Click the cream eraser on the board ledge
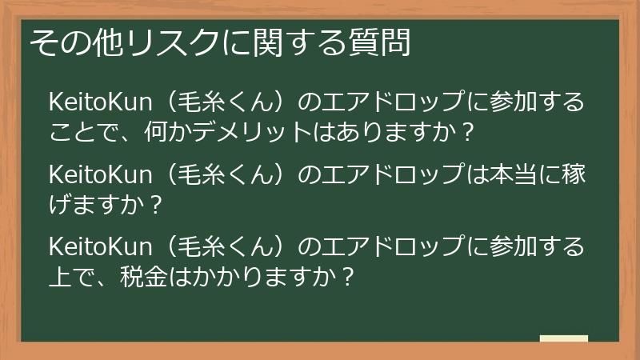tap(563, 338)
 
